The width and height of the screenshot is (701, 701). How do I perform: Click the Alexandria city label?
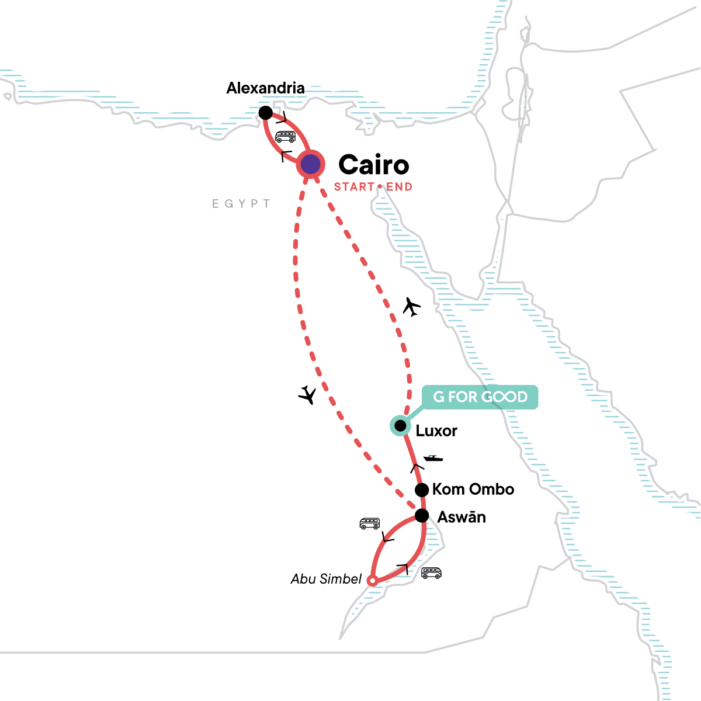coord(265,88)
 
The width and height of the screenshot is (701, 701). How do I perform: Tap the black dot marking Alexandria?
coord(266,112)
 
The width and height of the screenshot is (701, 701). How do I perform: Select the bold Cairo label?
coord(374,165)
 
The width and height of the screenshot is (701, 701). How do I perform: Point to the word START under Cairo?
coord(354,187)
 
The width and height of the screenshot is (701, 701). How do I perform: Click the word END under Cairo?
coord(400,187)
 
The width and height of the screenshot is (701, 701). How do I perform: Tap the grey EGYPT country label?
coord(241,204)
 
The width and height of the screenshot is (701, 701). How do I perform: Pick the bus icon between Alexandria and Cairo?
coord(285,137)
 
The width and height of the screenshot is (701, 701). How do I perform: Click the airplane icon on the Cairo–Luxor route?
coord(412,306)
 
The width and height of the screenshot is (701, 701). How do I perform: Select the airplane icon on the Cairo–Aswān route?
coord(307,395)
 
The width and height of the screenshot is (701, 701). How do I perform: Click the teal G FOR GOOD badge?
coord(480,397)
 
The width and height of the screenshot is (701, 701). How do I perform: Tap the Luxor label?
coord(436,431)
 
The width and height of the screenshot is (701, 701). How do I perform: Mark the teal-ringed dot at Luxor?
coord(400,425)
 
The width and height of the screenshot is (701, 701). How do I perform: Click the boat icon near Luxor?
coord(433,458)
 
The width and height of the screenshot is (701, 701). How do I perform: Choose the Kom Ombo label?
coord(473,490)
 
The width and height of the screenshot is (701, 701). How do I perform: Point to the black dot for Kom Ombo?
coord(421,490)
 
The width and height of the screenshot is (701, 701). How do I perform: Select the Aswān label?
coord(461,517)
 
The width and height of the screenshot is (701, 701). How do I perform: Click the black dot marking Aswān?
coord(421,516)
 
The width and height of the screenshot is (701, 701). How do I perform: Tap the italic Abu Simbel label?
coord(326,579)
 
